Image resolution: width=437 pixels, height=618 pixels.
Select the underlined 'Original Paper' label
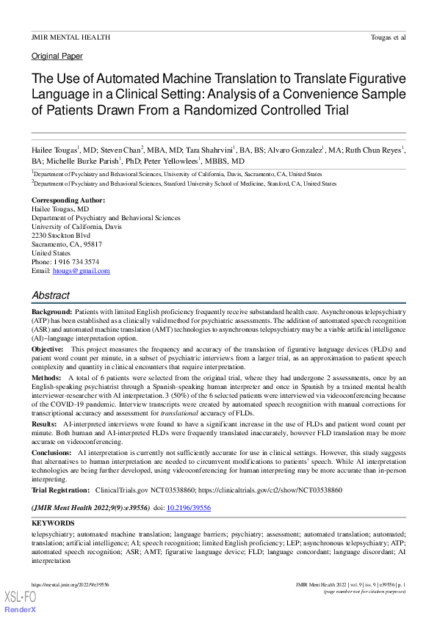pyautogui.click(x=57, y=56)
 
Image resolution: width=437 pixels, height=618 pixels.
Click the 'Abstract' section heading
pyautogui.click(x=51, y=295)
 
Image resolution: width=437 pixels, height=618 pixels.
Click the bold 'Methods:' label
pyautogui.click(x=45, y=377)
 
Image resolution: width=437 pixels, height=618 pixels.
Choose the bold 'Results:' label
pyautogui.click(x=43, y=423)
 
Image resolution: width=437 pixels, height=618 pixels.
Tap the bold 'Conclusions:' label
pyautogui.click(x=51, y=452)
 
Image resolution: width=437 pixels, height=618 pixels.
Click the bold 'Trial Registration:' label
pyautogui.click(x=62, y=489)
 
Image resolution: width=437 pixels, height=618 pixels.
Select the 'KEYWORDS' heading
pyautogui.click(x=52, y=523)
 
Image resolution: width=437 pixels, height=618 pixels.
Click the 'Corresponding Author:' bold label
pyautogui.click(x=68, y=200)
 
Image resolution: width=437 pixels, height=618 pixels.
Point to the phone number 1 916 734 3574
pyautogui.click(x=76, y=262)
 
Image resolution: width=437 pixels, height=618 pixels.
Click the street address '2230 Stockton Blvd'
pyautogui.click(x=62, y=236)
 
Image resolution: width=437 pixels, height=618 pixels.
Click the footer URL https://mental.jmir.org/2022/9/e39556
pyautogui.click(x=71, y=585)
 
